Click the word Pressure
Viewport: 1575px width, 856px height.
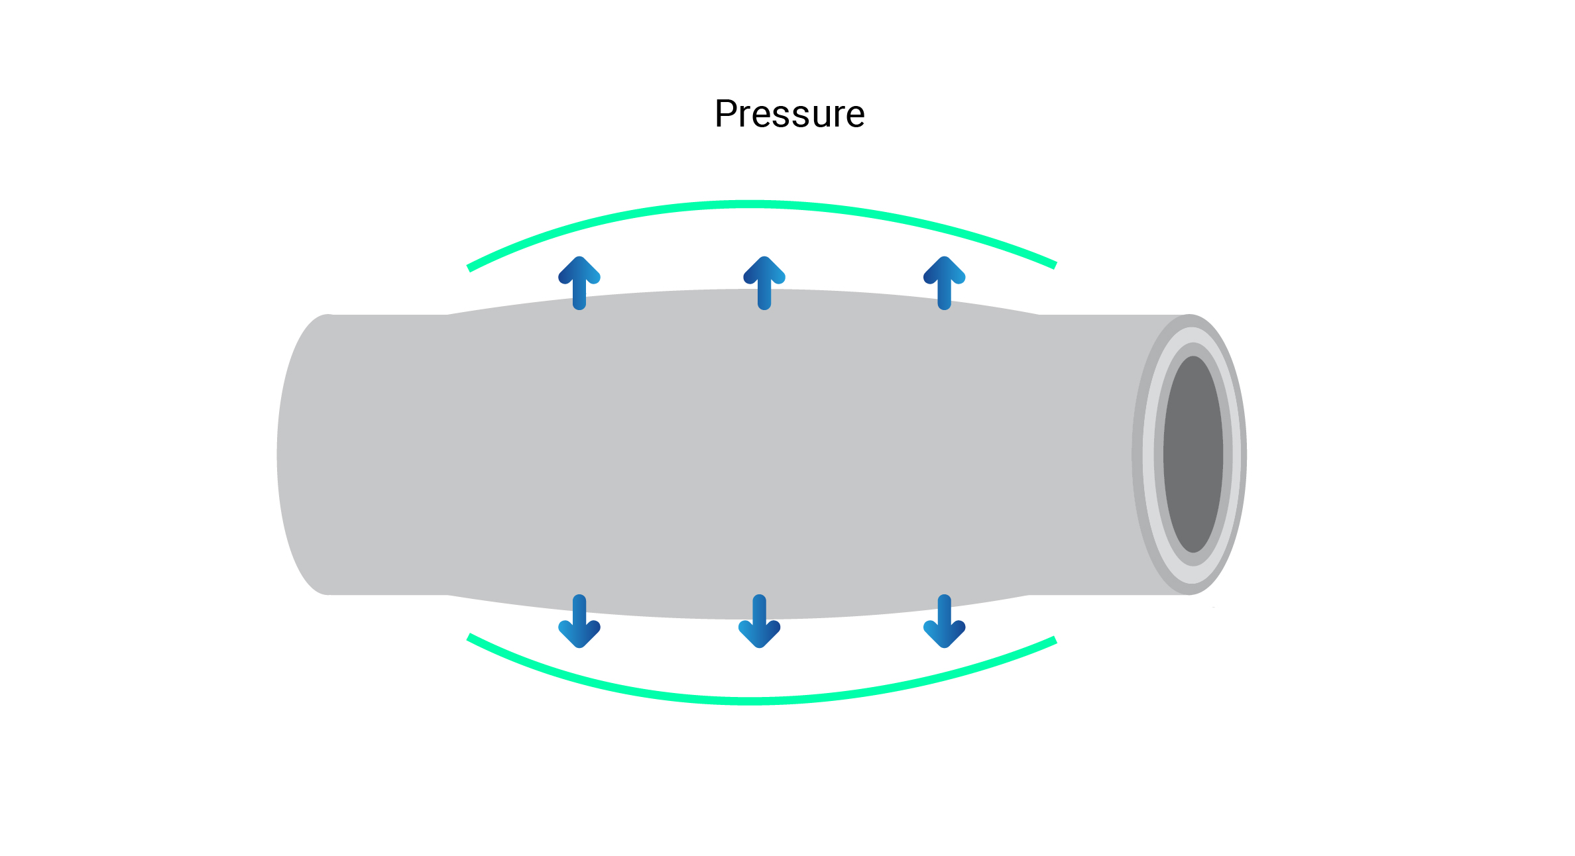pyautogui.click(x=789, y=114)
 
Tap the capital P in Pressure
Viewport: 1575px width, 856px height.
pyautogui.click(x=727, y=114)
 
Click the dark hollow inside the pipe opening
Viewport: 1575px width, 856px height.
pyautogui.click(x=1193, y=455)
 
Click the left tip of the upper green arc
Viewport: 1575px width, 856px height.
pyautogui.click(x=470, y=268)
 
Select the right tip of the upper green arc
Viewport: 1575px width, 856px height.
pyautogui.click(x=1054, y=265)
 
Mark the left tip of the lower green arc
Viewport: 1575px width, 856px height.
pyautogui.click(x=470, y=637)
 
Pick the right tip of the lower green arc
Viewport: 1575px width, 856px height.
pyautogui.click(x=1054, y=641)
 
